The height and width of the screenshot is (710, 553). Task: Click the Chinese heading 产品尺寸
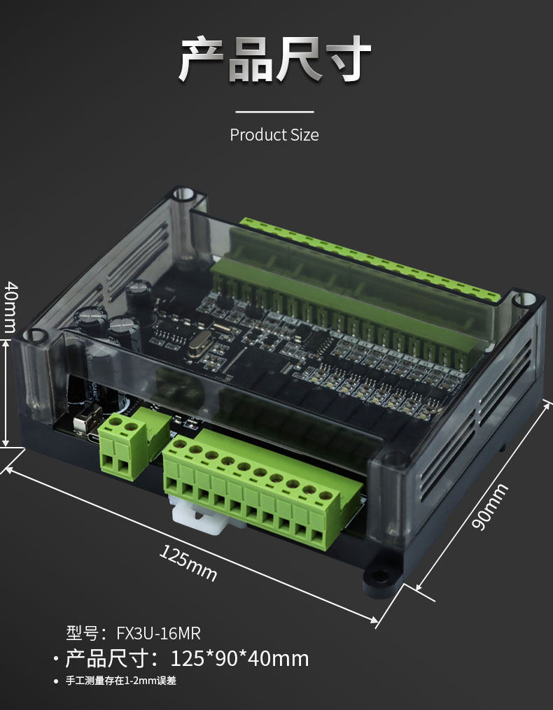tap(275, 59)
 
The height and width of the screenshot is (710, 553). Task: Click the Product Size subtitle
tap(274, 134)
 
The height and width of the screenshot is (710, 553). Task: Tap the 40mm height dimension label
tap(10, 307)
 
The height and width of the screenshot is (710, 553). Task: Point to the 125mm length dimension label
tap(188, 562)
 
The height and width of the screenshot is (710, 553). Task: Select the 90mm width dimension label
tap(490, 506)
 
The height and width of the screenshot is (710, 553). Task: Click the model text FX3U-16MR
tap(158, 633)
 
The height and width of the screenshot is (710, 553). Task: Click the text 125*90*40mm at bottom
tap(239, 658)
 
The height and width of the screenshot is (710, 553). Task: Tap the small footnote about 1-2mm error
tap(120, 681)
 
